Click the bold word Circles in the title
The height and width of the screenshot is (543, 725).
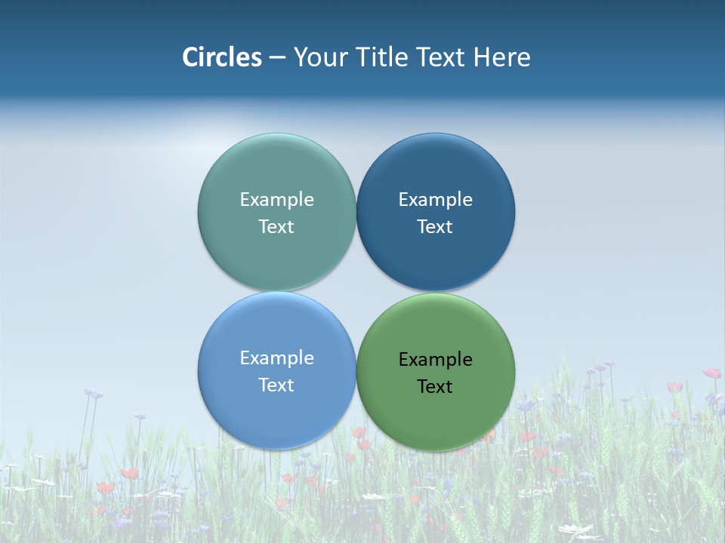[222, 57]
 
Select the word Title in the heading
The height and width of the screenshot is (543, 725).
[384, 57]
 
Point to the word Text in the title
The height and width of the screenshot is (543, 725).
[443, 57]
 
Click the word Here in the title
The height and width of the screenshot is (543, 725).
[502, 57]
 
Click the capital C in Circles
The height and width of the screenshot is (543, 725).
[190, 57]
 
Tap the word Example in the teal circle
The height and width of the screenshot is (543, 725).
[276, 200]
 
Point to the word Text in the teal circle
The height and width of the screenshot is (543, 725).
[276, 227]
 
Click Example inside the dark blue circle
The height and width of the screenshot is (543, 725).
[435, 200]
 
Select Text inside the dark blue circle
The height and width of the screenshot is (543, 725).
[435, 227]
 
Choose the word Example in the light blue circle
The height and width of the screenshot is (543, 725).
[276, 358]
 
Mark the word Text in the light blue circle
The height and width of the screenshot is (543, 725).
[276, 385]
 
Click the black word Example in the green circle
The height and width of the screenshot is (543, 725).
[435, 360]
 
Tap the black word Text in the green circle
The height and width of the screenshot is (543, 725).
[435, 387]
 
